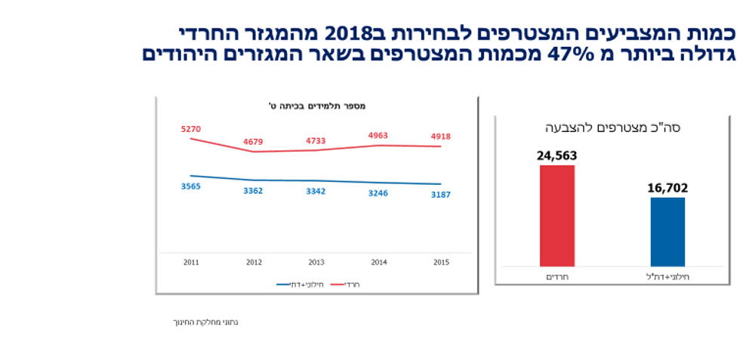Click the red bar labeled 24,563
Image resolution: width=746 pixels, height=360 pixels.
pyautogui.click(x=556, y=215)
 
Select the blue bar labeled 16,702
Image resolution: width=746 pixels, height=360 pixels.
pyautogui.click(x=667, y=232)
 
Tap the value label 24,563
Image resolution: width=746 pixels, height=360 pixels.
pyautogui.click(x=557, y=156)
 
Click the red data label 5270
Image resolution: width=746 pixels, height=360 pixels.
pyautogui.click(x=191, y=130)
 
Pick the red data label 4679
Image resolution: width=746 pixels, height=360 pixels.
pyautogui.click(x=254, y=141)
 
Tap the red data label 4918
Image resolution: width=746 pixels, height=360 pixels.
pyautogui.click(x=441, y=137)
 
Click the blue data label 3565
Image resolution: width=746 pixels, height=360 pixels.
pyautogui.click(x=191, y=186)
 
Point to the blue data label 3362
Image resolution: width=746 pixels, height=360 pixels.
pyautogui.click(x=254, y=191)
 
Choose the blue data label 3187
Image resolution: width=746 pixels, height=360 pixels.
pyautogui.click(x=441, y=195)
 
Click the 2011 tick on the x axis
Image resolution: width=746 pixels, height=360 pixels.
pyautogui.click(x=191, y=262)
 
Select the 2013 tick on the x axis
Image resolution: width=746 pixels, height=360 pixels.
pyautogui.click(x=316, y=262)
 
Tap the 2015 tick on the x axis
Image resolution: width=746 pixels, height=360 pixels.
pyautogui.click(x=441, y=262)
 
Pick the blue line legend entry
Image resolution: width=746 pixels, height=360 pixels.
pyautogui.click(x=295, y=285)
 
